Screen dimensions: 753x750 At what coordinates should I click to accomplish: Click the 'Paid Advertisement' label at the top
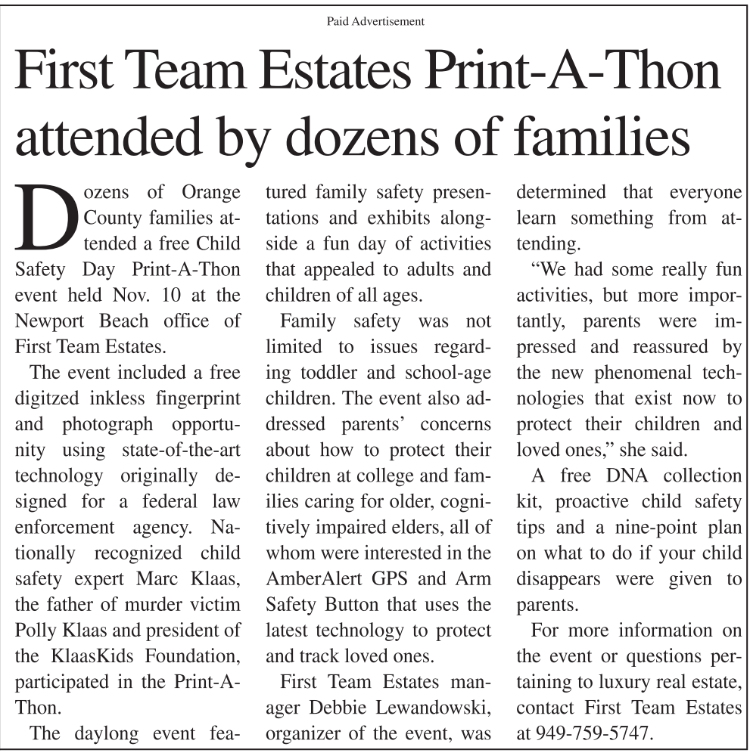(x=375, y=21)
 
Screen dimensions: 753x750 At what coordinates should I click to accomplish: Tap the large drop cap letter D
(x=46, y=218)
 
